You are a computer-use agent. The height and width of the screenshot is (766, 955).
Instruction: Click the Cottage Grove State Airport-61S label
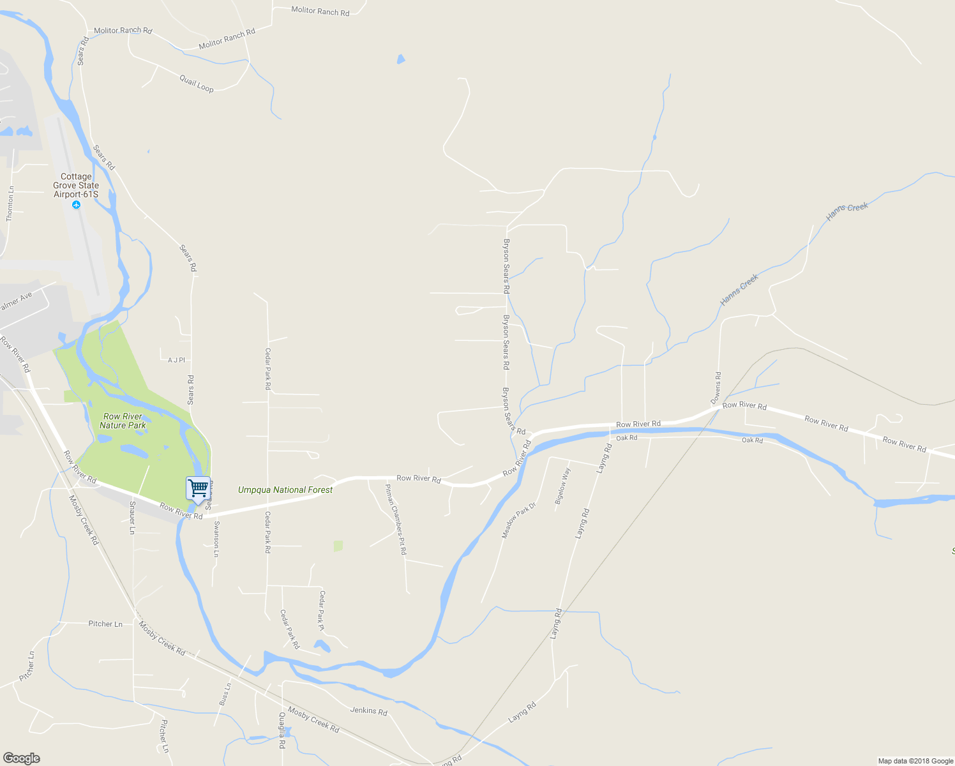(x=76, y=185)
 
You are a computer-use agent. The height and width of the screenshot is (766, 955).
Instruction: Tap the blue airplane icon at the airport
(x=77, y=205)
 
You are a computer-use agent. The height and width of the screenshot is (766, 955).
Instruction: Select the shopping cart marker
(x=199, y=489)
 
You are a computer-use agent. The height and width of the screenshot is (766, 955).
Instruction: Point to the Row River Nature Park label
(x=123, y=421)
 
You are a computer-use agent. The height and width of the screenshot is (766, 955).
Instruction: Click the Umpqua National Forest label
(x=285, y=490)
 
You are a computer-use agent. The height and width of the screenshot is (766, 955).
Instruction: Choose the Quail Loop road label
(x=197, y=84)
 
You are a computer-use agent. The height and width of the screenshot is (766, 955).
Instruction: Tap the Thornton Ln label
(x=10, y=204)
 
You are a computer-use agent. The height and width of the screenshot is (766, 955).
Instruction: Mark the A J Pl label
(x=176, y=360)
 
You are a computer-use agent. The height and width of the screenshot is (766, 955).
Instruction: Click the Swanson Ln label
(x=216, y=539)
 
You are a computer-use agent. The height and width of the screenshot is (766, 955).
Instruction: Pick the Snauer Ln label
(x=132, y=517)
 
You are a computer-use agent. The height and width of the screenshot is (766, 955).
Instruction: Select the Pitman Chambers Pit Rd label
(x=395, y=519)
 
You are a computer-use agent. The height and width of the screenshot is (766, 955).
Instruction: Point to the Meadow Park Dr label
(x=518, y=520)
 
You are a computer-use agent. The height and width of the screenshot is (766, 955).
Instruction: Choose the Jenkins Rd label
(x=368, y=710)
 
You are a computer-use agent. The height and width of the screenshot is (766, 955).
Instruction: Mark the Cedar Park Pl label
(x=322, y=611)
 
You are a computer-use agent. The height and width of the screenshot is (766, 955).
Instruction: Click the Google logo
(x=21, y=758)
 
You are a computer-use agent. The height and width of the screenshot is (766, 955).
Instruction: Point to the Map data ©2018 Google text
(x=915, y=761)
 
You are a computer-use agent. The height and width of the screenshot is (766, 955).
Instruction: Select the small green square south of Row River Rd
(x=338, y=546)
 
